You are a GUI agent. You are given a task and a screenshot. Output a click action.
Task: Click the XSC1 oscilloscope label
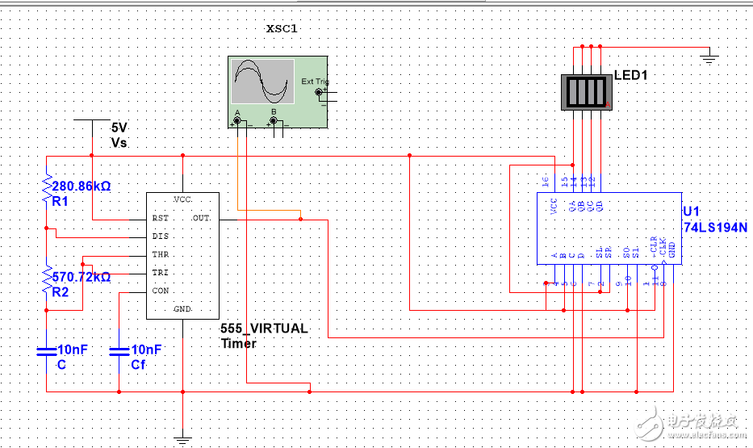pos(282,29)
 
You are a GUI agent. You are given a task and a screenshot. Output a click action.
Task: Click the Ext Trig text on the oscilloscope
pos(314,82)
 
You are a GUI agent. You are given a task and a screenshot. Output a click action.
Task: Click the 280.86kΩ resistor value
pos(81,186)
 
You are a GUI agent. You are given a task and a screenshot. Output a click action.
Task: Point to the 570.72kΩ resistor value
pos(81,276)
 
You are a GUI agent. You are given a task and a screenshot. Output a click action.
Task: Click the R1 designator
pos(61,200)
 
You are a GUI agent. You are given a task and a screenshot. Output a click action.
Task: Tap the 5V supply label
pos(119,128)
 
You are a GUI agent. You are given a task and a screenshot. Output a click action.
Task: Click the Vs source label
pos(119,142)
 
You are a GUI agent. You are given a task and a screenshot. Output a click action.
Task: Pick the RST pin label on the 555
pos(160,219)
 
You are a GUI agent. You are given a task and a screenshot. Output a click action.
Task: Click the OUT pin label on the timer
pos(201,219)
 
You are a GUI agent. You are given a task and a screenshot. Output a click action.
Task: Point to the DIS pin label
pos(160,237)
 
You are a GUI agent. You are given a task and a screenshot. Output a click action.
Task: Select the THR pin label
pos(160,255)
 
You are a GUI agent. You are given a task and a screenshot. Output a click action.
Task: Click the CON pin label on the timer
pos(160,291)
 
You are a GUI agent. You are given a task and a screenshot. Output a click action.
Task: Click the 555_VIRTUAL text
pos(264,329)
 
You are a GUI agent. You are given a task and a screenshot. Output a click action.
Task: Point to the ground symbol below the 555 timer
pos(183,440)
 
